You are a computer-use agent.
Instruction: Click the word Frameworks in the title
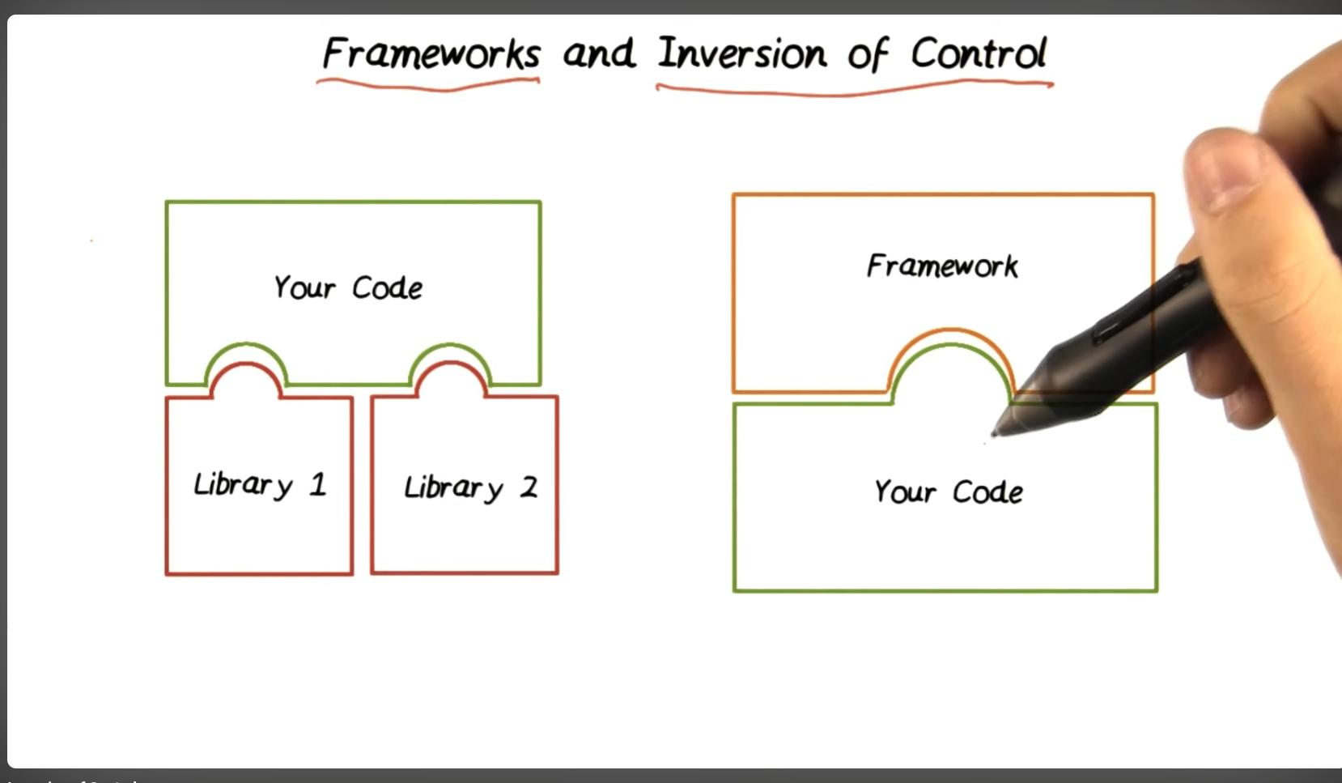click(431, 55)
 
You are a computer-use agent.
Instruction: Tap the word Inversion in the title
click(741, 55)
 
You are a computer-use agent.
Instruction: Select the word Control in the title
click(978, 53)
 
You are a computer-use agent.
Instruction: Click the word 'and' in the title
click(599, 54)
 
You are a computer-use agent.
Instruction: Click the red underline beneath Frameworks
click(427, 84)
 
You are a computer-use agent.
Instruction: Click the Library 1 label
click(259, 485)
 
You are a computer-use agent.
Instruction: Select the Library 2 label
click(469, 487)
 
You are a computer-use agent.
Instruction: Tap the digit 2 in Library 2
click(529, 487)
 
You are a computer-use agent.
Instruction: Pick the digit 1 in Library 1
click(318, 484)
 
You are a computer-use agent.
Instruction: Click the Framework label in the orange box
click(942, 266)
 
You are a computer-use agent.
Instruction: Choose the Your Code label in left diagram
click(348, 288)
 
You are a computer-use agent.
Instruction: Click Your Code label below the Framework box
click(948, 492)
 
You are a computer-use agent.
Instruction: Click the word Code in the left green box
click(387, 288)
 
